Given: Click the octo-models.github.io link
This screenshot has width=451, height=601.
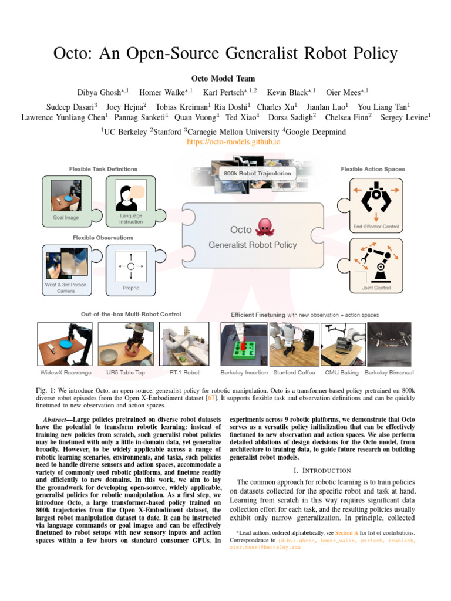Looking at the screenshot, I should coord(225,142).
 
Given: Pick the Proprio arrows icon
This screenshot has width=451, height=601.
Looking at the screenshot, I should coord(130,266).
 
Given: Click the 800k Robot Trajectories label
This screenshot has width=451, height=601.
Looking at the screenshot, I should coord(257,173).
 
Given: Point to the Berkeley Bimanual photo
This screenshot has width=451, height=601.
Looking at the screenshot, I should coord(389,344).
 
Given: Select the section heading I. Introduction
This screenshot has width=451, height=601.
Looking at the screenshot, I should coord(321,470).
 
